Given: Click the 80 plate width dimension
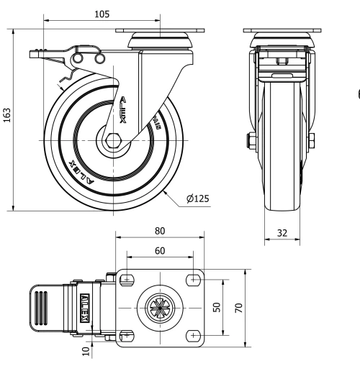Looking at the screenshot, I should (x=160, y=231).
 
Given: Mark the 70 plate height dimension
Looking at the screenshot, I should (x=238, y=306).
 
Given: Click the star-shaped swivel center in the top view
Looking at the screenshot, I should (x=159, y=307).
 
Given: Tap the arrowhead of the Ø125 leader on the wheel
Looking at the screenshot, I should (x=165, y=191).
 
